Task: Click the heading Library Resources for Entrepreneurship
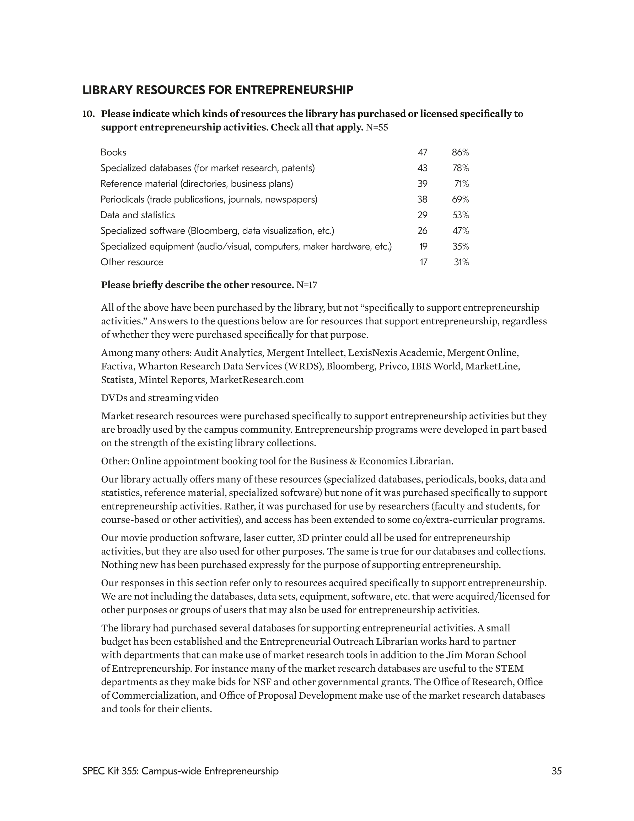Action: (x=217, y=90)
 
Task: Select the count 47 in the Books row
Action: (x=423, y=152)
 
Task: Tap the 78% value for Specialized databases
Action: (x=461, y=168)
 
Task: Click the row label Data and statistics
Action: (x=138, y=215)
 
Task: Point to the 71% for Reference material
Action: (x=462, y=184)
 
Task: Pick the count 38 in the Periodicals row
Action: (x=422, y=199)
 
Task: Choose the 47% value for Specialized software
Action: (x=461, y=231)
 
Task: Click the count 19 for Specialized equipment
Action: (x=423, y=247)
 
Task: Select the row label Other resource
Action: (x=131, y=262)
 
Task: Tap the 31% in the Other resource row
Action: (x=462, y=262)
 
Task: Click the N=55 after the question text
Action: (x=377, y=128)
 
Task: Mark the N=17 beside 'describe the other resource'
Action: (x=307, y=285)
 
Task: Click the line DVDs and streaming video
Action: (x=160, y=398)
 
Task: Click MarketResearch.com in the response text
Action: (x=257, y=380)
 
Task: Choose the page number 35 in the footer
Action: (x=557, y=771)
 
